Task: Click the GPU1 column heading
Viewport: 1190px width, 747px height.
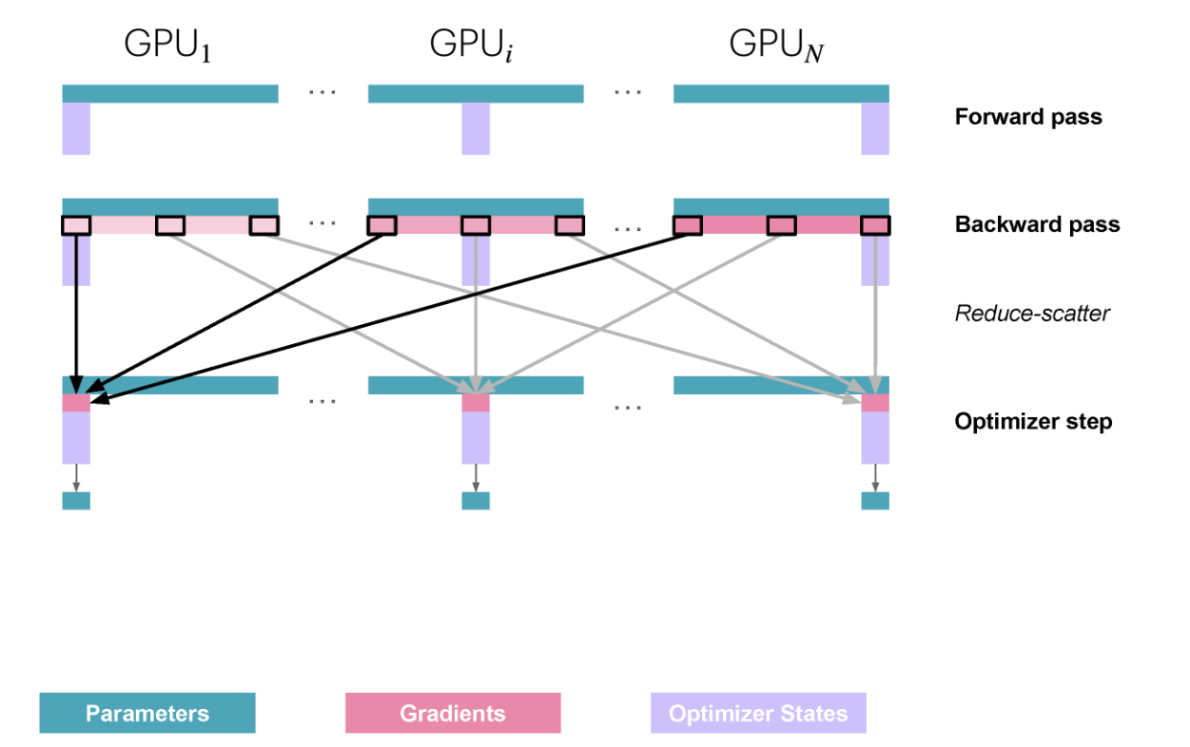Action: tap(167, 46)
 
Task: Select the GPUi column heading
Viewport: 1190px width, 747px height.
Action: tap(471, 46)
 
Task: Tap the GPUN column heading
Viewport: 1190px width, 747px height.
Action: tap(776, 46)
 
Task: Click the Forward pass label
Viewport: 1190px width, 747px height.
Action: tap(1028, 117)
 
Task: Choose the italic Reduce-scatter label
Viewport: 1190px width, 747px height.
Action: tap(1032, 313)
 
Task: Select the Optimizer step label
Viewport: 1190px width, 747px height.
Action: tap(1033, 421)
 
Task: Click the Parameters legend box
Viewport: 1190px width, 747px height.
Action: tap(147, 713)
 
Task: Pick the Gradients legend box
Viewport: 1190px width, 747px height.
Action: tap(453, 713)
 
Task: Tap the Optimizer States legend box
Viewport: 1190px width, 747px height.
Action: tap(758, 713)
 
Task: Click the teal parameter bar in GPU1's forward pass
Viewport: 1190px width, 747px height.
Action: tap(170, 93)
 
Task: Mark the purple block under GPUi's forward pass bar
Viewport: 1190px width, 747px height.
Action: tap(476, 128)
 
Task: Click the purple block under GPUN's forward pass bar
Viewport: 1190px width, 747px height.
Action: tap(875, 128)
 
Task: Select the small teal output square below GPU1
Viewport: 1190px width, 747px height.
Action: tap(76, 501)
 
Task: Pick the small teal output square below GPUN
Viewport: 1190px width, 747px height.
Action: tap(875, 501)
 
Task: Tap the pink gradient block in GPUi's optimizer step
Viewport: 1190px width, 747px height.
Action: tap(476, 403)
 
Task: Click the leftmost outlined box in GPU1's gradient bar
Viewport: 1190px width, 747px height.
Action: tap(76, 225)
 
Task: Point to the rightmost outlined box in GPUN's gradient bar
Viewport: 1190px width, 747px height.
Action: tap(875, 225)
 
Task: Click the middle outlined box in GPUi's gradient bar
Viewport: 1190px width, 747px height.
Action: tap(476, 225)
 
